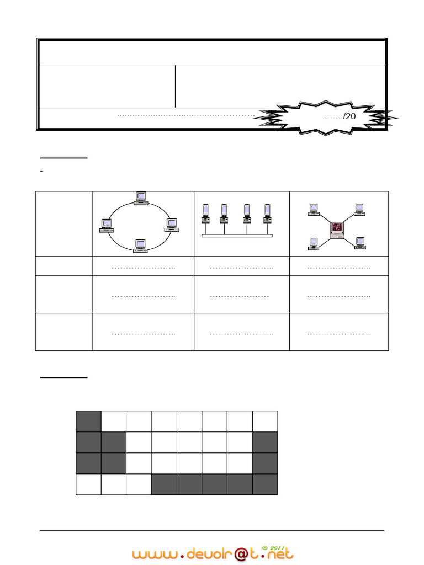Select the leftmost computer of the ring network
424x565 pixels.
coord(105,225)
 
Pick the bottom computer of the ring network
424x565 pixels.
coord(140,246)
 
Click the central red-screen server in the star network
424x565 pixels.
coord(336,230)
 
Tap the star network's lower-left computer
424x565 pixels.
coord(314,243)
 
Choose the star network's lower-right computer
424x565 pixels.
coord(360,243)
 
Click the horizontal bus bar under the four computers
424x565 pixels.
coord(237,236)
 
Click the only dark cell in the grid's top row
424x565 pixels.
coord(88,421)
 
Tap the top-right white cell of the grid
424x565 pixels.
coord(265,421)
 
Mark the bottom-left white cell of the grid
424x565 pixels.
coord(88,484)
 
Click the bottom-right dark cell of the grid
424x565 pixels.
coord(265,484)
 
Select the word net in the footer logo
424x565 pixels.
coord(279,553)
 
